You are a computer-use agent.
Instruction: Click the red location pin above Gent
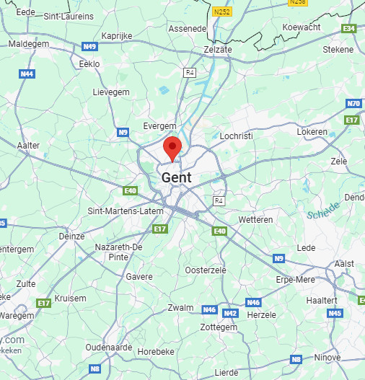click(172, 146)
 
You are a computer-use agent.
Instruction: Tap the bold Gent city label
click(176, 177)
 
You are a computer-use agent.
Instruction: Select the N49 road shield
click(89, 46)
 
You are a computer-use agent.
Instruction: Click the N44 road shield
click(27, 74)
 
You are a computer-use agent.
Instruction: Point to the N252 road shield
click(221, 12)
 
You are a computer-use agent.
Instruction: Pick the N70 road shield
click(353, 104)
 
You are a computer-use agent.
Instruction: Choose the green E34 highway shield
click(350, 28)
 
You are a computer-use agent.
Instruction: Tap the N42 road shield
click(230, 313)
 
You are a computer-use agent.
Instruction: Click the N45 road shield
click(335, 313)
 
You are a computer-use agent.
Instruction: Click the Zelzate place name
click(218, 49)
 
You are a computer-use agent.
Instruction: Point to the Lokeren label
click(312, 132)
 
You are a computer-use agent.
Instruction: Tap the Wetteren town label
click(255, 219)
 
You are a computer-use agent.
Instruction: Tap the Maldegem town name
click(29, 43)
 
